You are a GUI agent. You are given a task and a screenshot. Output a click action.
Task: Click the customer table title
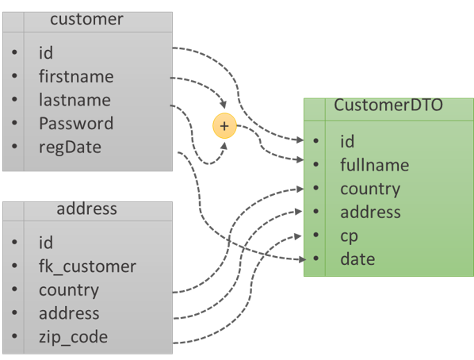click(86, 20)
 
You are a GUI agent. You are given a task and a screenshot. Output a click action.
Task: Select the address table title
click(86, 209)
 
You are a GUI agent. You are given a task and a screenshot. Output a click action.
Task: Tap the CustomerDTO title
click(388, 105)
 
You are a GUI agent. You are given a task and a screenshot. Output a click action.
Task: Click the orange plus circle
click(224, 126)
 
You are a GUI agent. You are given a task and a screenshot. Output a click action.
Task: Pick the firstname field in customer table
click(76, 77)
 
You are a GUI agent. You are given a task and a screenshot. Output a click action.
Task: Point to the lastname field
click(75, 100)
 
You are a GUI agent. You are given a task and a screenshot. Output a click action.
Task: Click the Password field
click(76, 124)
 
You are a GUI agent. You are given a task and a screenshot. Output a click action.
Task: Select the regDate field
click(70, 147)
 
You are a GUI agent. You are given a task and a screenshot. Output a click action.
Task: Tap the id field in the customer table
click(46, 53)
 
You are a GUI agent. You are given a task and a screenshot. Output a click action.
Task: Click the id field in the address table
click(46, 243)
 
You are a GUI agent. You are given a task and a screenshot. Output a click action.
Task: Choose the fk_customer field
click(87, 266)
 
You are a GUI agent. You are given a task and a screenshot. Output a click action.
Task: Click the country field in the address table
click(69, 290)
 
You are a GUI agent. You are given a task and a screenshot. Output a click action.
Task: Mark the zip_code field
click(73, 337)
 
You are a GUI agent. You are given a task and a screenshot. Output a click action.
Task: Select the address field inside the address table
click(69, 313)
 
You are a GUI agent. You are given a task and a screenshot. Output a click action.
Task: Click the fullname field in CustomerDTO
click(374, 165)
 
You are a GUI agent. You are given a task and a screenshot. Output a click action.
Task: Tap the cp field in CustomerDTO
click(349, 236)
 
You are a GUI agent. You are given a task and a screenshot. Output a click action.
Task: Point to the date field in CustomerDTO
click(357, 259)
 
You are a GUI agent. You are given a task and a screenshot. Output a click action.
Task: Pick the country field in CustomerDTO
click(370, 189)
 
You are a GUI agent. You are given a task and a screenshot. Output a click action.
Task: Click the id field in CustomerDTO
click(347, 141)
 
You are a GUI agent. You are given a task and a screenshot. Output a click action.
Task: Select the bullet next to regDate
click(16, 148)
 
